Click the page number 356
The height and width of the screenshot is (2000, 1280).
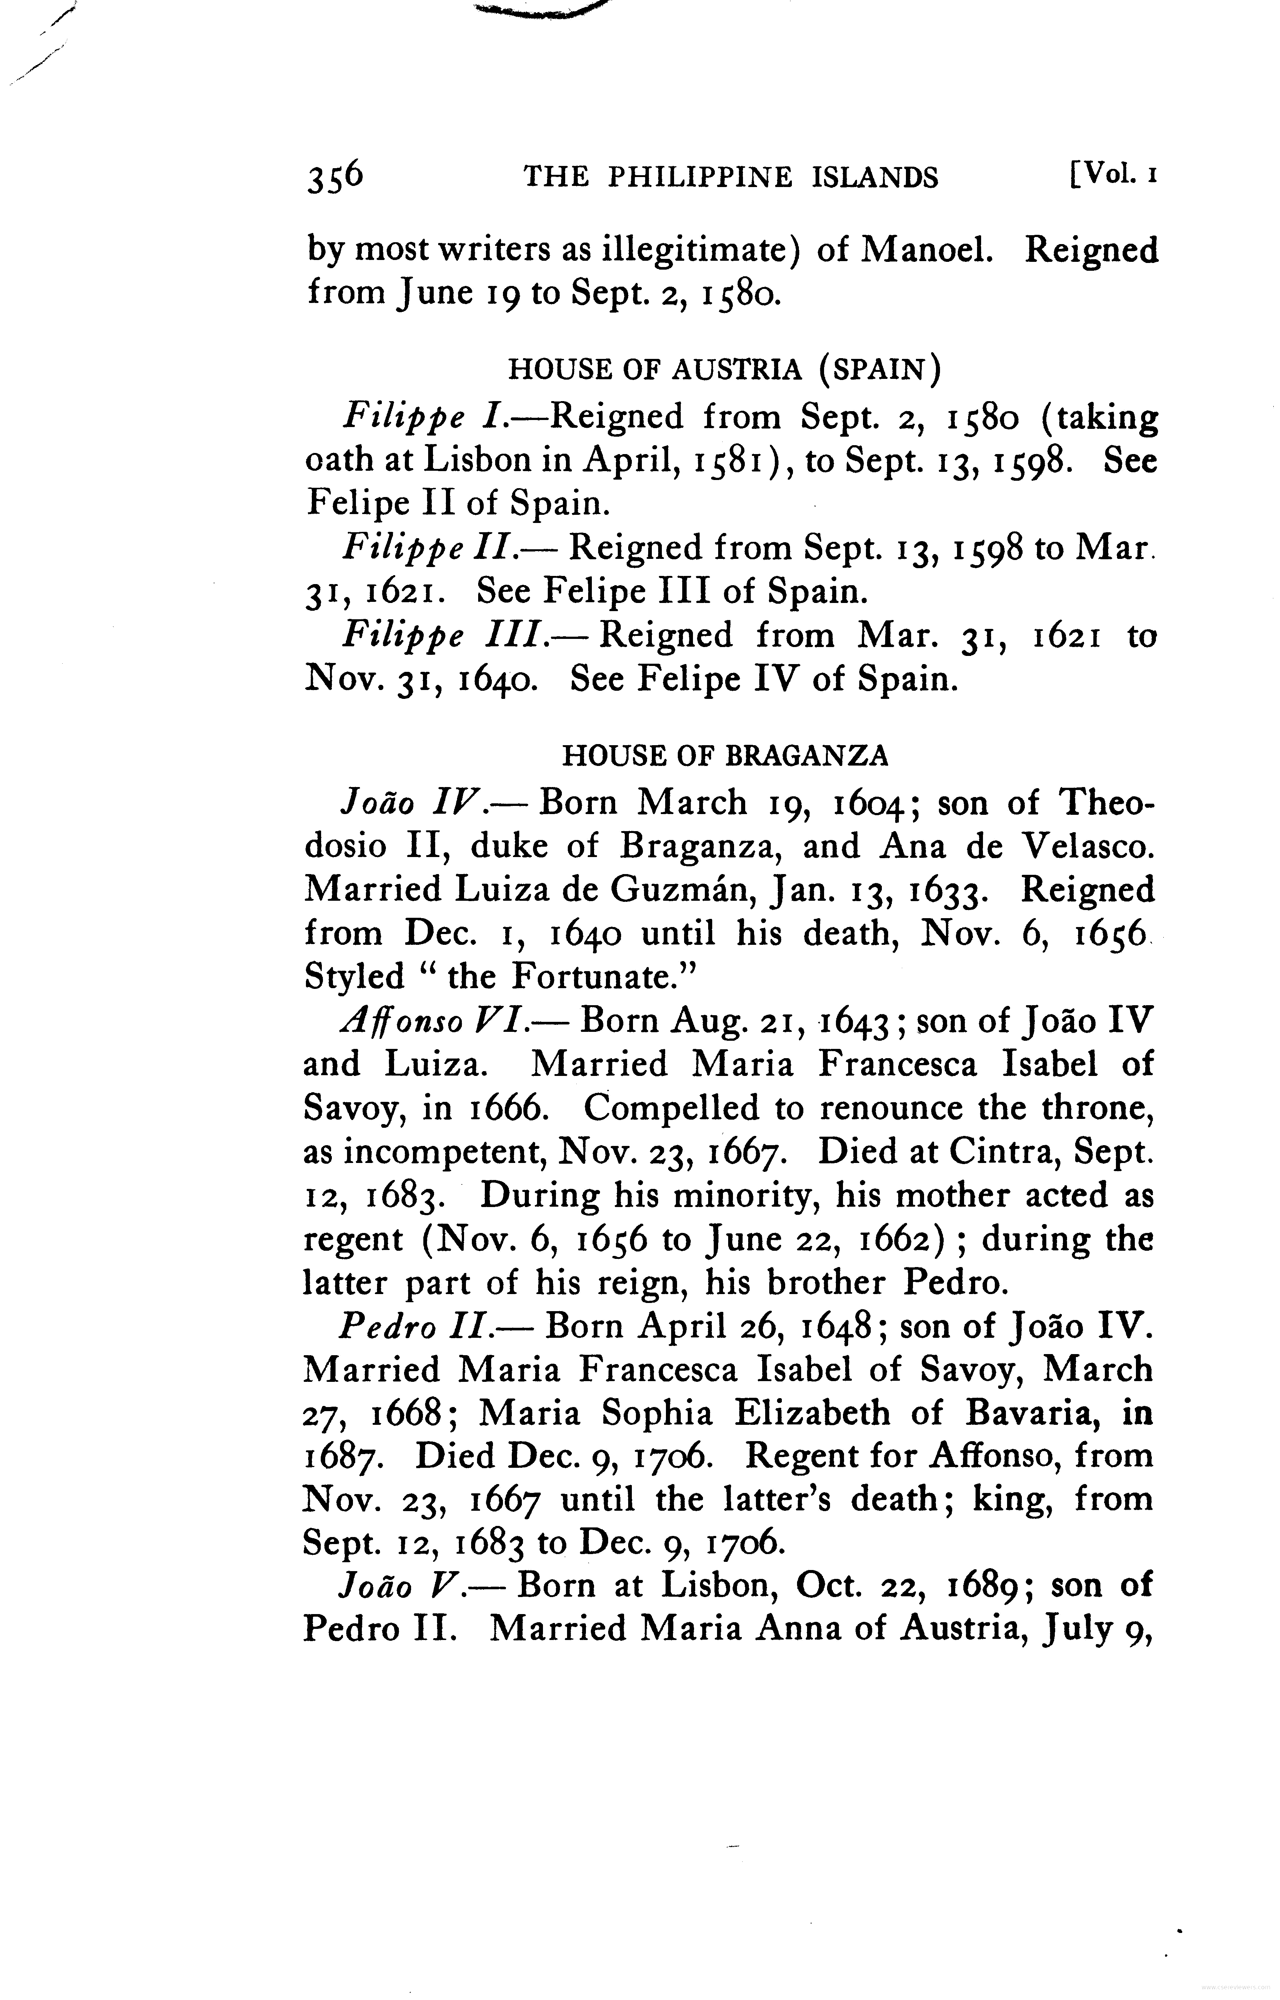pyautogui.click(x=335, y=177)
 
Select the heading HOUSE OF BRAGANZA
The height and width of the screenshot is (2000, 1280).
pyautogui.click(x=725, y=755)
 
